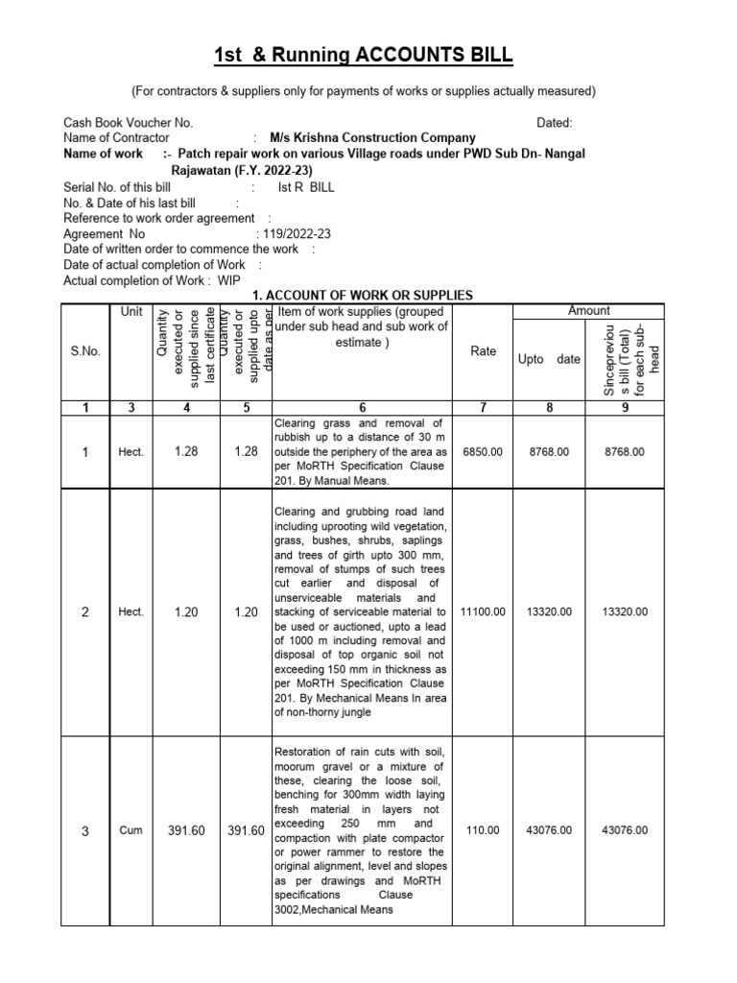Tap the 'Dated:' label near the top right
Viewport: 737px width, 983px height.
[x=555, y=123]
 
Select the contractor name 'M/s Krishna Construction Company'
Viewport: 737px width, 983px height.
[x=372, y=138]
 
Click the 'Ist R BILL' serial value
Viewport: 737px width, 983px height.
[x=306, y=188]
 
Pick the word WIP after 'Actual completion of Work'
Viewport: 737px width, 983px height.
[x=229, y=280]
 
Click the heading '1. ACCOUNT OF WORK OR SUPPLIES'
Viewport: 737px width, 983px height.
[x=362, y=296]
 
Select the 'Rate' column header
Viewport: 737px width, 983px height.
[x=484, y=351]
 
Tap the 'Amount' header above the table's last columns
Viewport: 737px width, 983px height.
[x=589, y=311]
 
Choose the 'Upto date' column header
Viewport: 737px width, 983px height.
[x=549, y=359]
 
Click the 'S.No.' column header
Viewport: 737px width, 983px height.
[x=85, y=351]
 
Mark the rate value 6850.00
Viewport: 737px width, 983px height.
[x=483, y=451]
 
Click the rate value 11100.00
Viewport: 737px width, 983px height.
[x=483, y=611]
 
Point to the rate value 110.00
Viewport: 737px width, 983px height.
[x=483, y=830]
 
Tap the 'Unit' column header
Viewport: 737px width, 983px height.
[x=131, y=312]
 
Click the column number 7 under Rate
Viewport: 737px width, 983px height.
[x=484, y=408]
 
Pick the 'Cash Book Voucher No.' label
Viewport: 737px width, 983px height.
[x=129, y=123]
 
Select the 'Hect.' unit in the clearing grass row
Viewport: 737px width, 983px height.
[x=131, y=452]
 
